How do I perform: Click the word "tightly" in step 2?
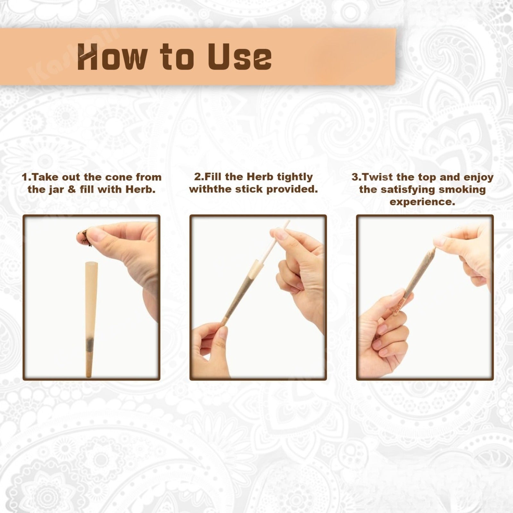click(295, 177)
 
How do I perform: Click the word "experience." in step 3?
click(422, 202)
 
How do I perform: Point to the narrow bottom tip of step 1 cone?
click(89, 376)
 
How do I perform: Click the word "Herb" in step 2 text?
click(259, 177)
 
